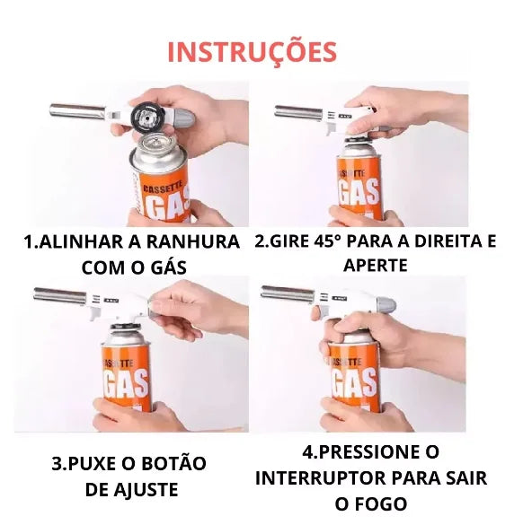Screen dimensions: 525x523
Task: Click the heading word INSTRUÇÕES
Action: (252, 51)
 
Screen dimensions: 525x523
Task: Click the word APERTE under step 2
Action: (375, 265)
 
